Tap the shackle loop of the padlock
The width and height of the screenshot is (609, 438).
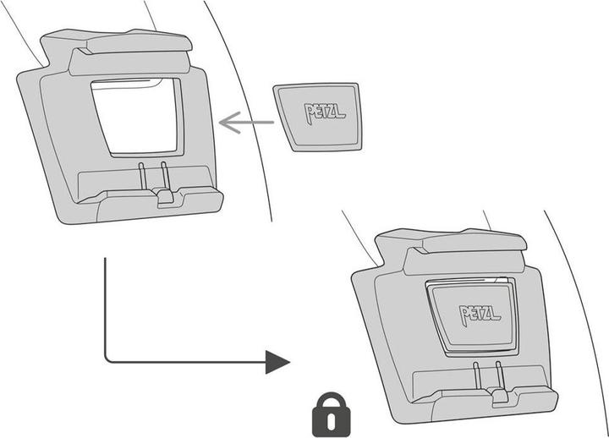tap(330, 401)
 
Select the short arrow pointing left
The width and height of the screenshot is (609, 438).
tap(246, 123)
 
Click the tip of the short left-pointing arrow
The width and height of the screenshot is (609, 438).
tap(220, 123)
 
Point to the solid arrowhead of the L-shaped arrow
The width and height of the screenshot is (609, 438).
tap(277, 362)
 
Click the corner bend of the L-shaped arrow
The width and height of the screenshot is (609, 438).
tap(107, 360)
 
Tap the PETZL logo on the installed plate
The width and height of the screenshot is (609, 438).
tap(480, 314)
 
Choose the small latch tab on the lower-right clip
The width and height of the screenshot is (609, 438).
tap(499, 395)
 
